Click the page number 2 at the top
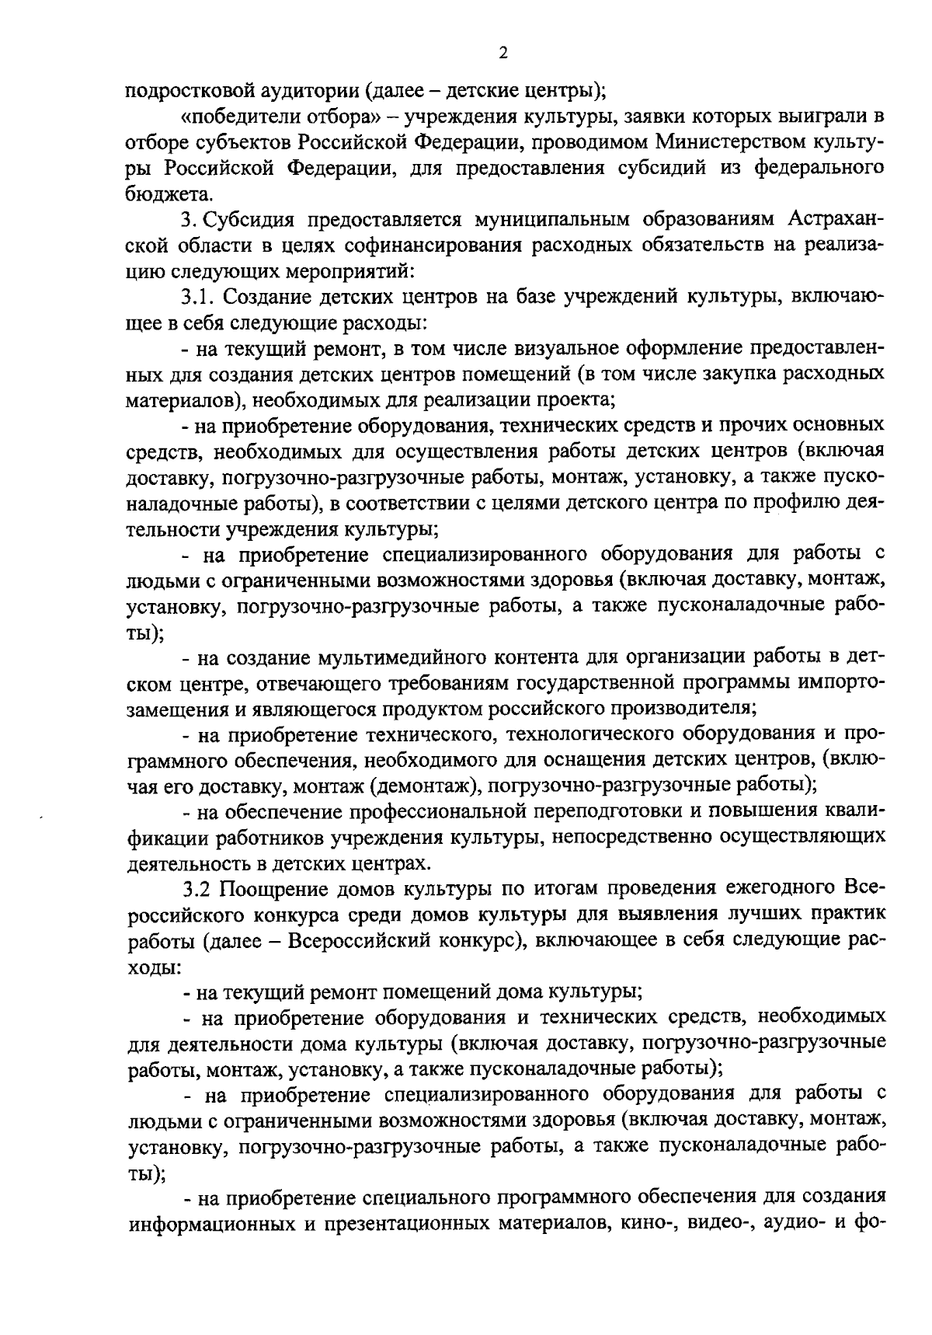point(503,54)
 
